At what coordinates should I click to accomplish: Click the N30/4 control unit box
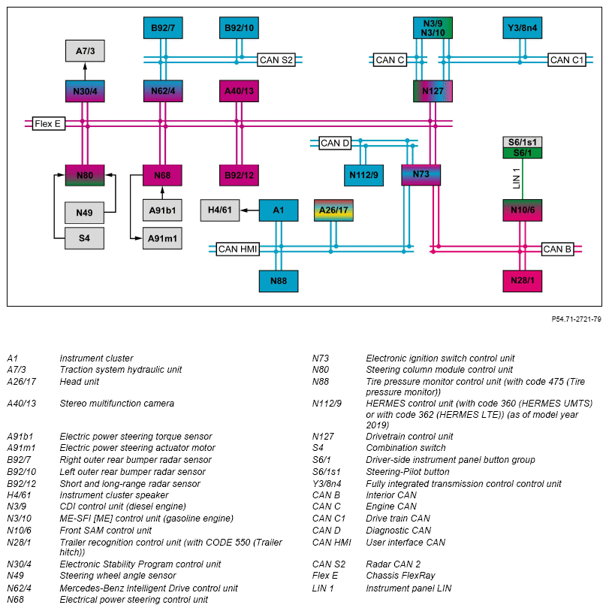coord(85,92)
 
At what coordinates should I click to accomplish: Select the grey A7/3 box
coord(85,51)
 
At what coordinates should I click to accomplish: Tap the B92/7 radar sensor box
coord(163,28)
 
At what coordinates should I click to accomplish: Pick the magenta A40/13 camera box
coord(239,92)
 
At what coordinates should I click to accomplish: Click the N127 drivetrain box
coord(433,92)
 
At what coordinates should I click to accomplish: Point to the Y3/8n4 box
coord(523,28)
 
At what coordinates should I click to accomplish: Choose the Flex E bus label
coord(48,123)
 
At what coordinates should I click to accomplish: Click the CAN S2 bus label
coord(276,59)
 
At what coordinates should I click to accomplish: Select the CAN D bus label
coord(335,143)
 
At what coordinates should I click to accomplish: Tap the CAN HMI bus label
coord(237,249)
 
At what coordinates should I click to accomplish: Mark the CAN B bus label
coord(557,249)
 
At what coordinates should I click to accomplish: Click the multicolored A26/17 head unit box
coord(333,210)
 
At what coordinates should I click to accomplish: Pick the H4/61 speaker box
coord(220,210)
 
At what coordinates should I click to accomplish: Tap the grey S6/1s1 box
coord(522,142)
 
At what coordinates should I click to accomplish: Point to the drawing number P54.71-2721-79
coord(576,319)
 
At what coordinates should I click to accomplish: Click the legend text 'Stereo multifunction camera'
coord(116,404)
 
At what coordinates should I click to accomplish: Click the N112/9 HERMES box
coord(363,175)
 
